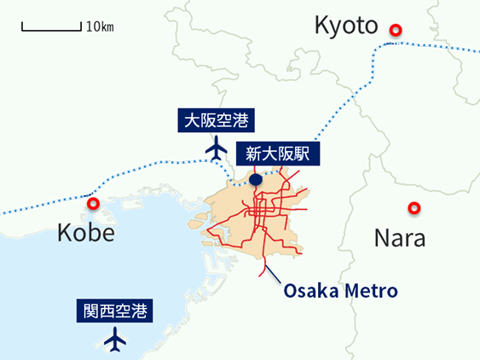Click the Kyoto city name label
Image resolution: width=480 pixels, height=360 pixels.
[345, 26]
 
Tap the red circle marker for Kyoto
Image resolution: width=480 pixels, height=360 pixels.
[395, 31]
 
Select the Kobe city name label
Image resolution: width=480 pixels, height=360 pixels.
[85, 232]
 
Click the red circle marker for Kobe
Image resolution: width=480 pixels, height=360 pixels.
[94, 204]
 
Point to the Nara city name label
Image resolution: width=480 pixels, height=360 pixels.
[400, 237]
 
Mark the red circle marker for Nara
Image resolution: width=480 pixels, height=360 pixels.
[414, 207]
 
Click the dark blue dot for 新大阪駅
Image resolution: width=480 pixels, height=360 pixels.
[256, 180]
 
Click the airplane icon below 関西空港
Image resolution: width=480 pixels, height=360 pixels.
[114, 340]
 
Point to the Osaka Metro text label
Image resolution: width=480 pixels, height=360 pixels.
[341, 291]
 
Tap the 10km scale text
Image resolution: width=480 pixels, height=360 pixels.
[100, 26]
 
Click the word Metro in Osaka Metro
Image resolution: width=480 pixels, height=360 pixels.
[372, 291]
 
